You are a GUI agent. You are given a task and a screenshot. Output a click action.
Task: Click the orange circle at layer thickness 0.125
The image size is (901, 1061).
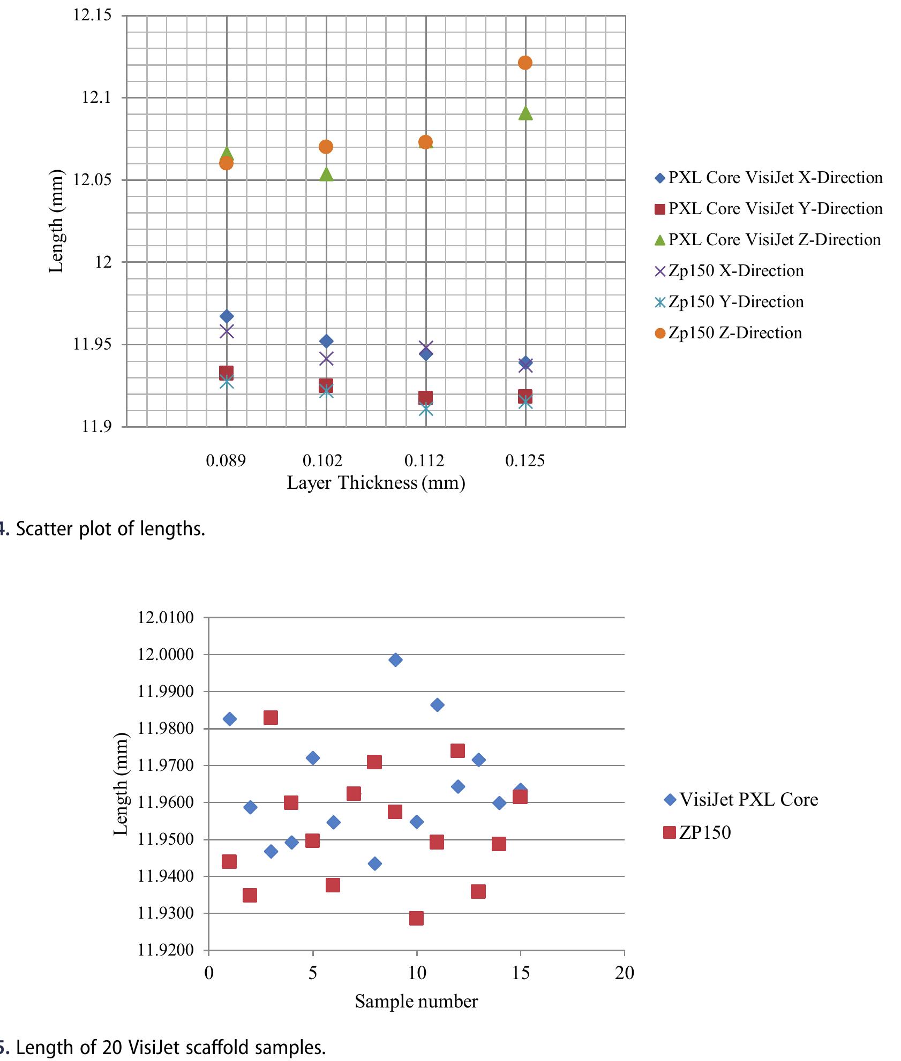[x=525, y=63]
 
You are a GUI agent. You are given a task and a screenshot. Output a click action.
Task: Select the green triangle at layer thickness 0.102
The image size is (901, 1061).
[x=326, y=174]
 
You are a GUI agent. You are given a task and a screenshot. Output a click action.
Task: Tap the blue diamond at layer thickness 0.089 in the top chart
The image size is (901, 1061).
[x=227, y=316]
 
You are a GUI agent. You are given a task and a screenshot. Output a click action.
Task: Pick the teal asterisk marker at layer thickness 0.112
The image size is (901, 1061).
[x=426, y=410]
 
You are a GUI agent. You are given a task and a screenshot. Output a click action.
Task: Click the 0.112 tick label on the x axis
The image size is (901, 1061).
[x=425, y=461]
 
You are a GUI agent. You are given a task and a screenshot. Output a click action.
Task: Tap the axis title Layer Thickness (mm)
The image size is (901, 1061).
[x=376, y=483]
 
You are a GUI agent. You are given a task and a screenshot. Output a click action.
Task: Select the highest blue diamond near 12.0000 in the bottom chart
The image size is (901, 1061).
[x=395, y=660]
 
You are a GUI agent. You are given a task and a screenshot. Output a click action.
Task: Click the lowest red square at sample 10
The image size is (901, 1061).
[x=416, y=918]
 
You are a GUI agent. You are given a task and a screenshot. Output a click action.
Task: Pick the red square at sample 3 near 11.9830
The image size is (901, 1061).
[x=271, y=717]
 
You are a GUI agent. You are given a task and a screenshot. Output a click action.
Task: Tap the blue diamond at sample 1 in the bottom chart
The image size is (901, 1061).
[x=229, y=718]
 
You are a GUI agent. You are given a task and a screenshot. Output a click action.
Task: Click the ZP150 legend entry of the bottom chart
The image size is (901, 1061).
[x=704, y=832]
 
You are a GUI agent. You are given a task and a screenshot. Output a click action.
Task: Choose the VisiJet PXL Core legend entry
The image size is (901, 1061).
[x=748, y=800]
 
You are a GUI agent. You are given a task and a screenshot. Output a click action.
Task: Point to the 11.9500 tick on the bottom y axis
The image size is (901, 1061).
[x=166, y=839]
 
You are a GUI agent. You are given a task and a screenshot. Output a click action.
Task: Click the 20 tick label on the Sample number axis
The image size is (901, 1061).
[x=624, y=973]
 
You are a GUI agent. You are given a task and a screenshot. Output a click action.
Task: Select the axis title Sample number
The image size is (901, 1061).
[x=416, y=1002]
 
